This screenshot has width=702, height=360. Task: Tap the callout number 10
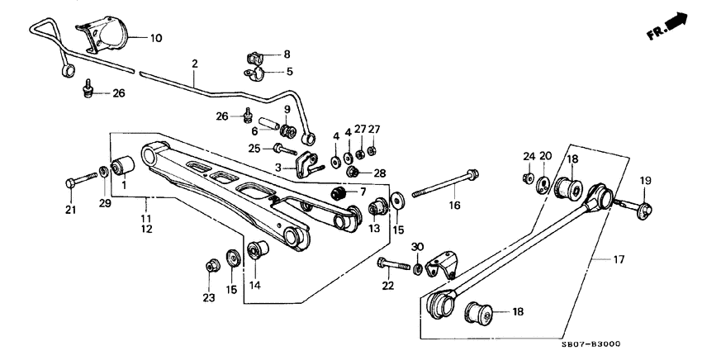[x=157, y=37]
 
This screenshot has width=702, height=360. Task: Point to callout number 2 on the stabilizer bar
[x=195, y=63]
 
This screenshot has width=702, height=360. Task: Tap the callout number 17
[x=619, y=259]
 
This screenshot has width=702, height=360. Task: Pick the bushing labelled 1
[x=123, y=166]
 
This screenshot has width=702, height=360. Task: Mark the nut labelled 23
[x=211, y=267]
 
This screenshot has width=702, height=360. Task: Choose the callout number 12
[x=146, y=228]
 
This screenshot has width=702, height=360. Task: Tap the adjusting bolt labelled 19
[x=643, y=207]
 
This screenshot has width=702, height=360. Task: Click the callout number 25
[x=256, y=149]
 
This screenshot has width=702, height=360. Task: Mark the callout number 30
[x=417, y=247]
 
